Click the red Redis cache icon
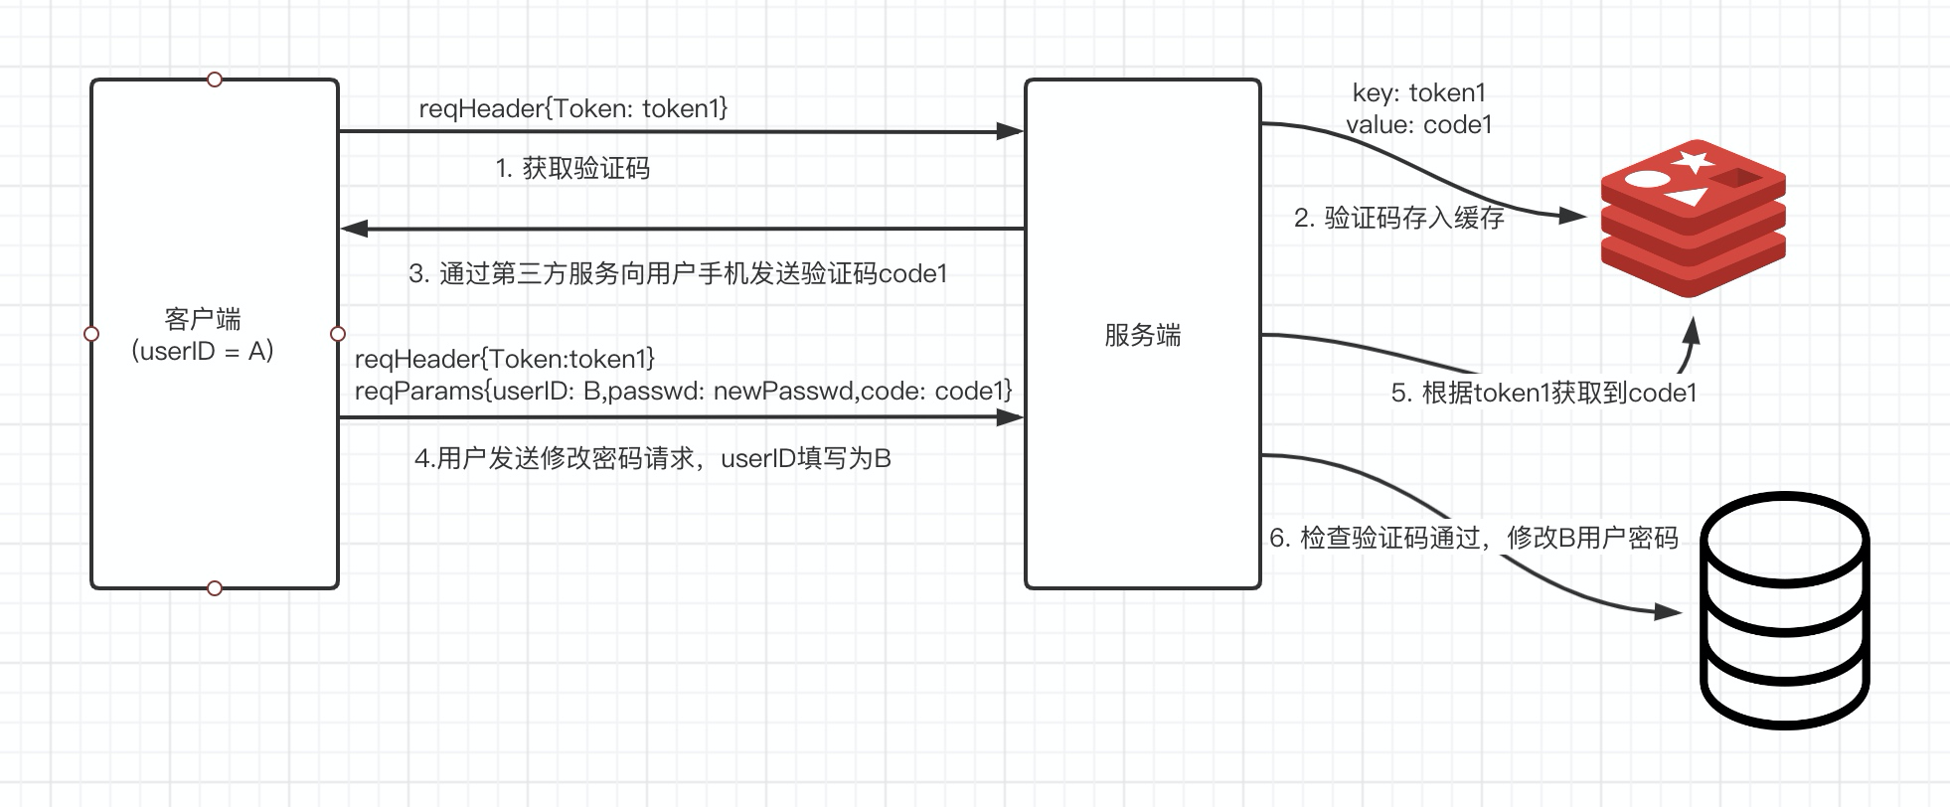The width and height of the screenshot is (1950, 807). click(x=1693, y=219)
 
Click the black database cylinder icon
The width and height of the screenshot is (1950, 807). click(x=1784, y=611)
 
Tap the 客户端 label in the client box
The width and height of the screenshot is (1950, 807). click(x=203, y=319)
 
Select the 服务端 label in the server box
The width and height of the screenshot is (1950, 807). click(x=1142, y=335)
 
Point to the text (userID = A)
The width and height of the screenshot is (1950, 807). click(x=203, y=351)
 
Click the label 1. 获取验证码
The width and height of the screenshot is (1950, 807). click(x=572, y=169)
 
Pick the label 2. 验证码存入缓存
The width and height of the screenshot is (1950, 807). click(x=1398, y=219)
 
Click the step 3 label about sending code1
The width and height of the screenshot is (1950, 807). click(x=678, y=274)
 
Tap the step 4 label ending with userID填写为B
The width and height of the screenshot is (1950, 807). click(x=652, y=459)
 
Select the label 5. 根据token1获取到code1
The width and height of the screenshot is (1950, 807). click(x=1544, y=394)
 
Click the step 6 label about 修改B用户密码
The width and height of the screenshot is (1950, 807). click(x=1473, y=539)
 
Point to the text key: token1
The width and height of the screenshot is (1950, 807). click(x=1418, y=93)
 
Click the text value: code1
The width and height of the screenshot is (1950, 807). click(x=1418, y=125)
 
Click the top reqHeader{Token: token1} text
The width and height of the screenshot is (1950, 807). click(x=572, y=109)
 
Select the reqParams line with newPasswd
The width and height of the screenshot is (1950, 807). click(x=683, y=392)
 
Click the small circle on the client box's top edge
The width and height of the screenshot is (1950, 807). click(x=215, y=80)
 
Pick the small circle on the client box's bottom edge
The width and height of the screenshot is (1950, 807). click(x=215, y=588)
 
